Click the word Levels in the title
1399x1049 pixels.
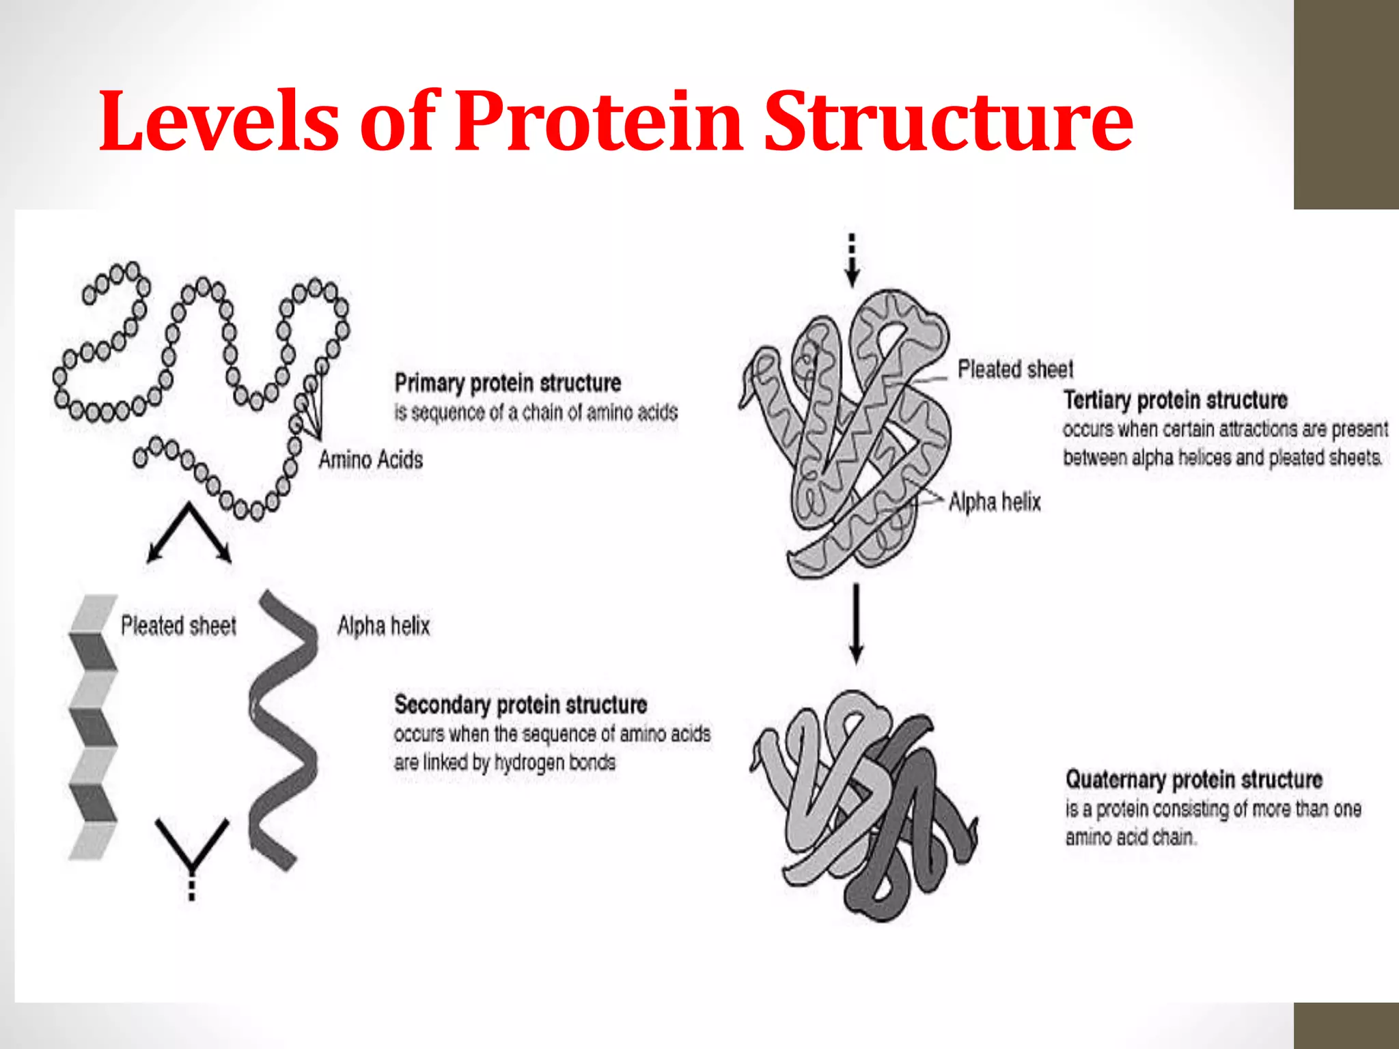tap(219, 122)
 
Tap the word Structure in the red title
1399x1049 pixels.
tap(948, 122)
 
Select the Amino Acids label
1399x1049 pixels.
tap(371, 460)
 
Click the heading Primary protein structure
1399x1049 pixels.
tap(508, 383)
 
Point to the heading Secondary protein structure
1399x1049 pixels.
tap(521, 705)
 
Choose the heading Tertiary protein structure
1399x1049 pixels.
tap(1175, 400)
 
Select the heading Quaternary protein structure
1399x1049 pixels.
tap(1193, 779)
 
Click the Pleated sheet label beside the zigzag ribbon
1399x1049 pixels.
tap(178, 626)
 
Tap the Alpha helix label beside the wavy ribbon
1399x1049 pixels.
tap(384, 626)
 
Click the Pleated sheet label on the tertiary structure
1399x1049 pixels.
tap(1015, 369)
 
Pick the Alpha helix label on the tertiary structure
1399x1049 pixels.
tap(995, 502)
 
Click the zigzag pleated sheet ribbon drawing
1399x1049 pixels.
tap(93, 727)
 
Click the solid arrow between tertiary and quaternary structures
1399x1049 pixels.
tap(855, 623)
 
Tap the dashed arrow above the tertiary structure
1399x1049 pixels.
tap(852, 260)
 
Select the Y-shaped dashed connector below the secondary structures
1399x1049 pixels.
tap(192, 854)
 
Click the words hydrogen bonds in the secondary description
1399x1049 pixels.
tap(555, 762)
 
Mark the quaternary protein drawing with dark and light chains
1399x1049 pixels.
tap(864, 806)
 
